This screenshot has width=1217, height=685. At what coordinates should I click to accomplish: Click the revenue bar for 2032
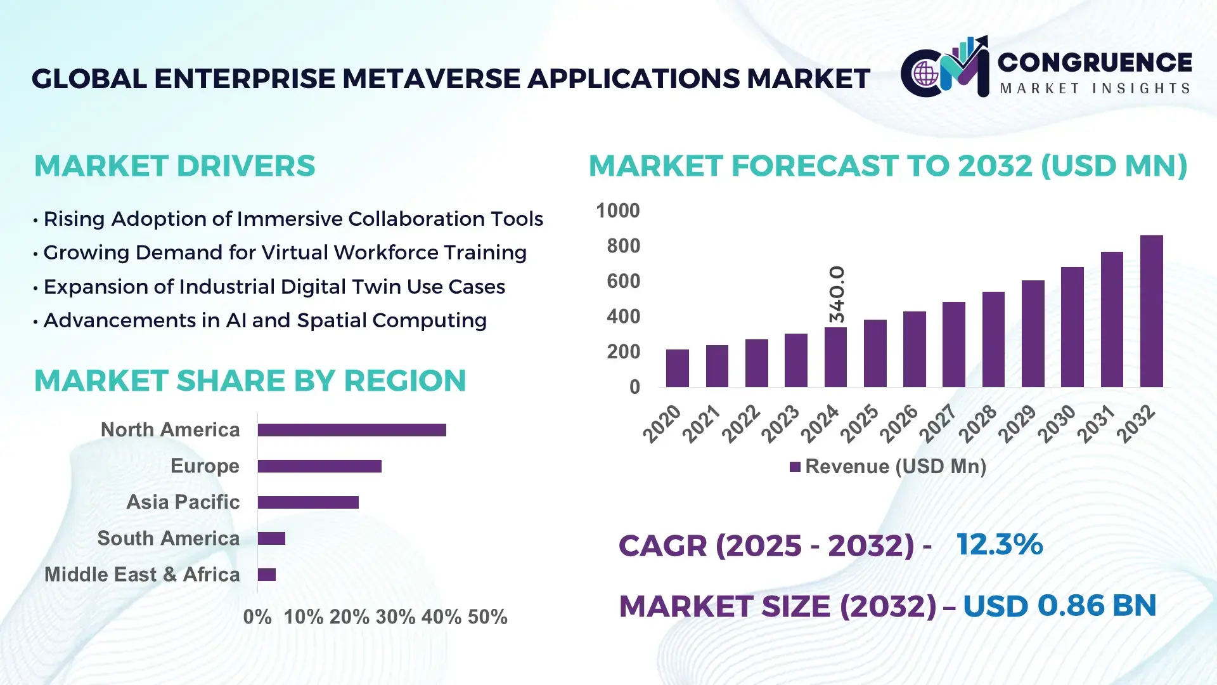pyautogui.click(x=1151, y=311)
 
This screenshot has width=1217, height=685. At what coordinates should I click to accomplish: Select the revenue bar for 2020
pyautogui.click(x=677, y=368)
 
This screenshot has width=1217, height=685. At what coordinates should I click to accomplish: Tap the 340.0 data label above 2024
pyautogui.click(x=837, y=294)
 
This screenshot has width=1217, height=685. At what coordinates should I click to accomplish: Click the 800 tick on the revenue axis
pyautogui.click(x=623, y=246)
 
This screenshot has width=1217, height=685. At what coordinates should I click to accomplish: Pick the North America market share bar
pyautogui.click(x=352, y=430)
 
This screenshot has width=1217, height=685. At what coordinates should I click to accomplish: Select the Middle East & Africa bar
pyautogui.click(x=267, y=575)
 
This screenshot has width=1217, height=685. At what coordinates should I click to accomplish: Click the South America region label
pyautogui.click(x=168, y=538)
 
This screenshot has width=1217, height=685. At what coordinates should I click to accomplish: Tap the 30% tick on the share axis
pyautogui.click(x=395, y=617)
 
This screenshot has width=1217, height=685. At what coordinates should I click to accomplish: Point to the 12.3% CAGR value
pyautogui.click(x=999, y=545)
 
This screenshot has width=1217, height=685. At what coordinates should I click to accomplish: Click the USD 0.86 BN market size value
pyautogui.click(x=1059, y=606)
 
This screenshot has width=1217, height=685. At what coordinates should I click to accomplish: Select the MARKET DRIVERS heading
pyautogui.click(x=174, y=166)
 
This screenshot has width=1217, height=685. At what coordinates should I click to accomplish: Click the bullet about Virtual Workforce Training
pyautogui.click(x=285, y=252)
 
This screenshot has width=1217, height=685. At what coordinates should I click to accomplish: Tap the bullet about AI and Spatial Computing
pyautogui.click(x=264, y=320)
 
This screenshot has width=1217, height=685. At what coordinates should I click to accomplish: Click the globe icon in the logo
pyautogui.click(x=925, y=74)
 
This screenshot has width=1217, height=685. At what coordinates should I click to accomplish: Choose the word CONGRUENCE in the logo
pyautogui.click(x=1095, y=62)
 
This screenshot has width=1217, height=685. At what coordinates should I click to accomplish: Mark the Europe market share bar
pyautogui.click(x=319, y=466)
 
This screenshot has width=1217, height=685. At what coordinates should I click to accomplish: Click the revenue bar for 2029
pyautogui.click(x=1033, y=334)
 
